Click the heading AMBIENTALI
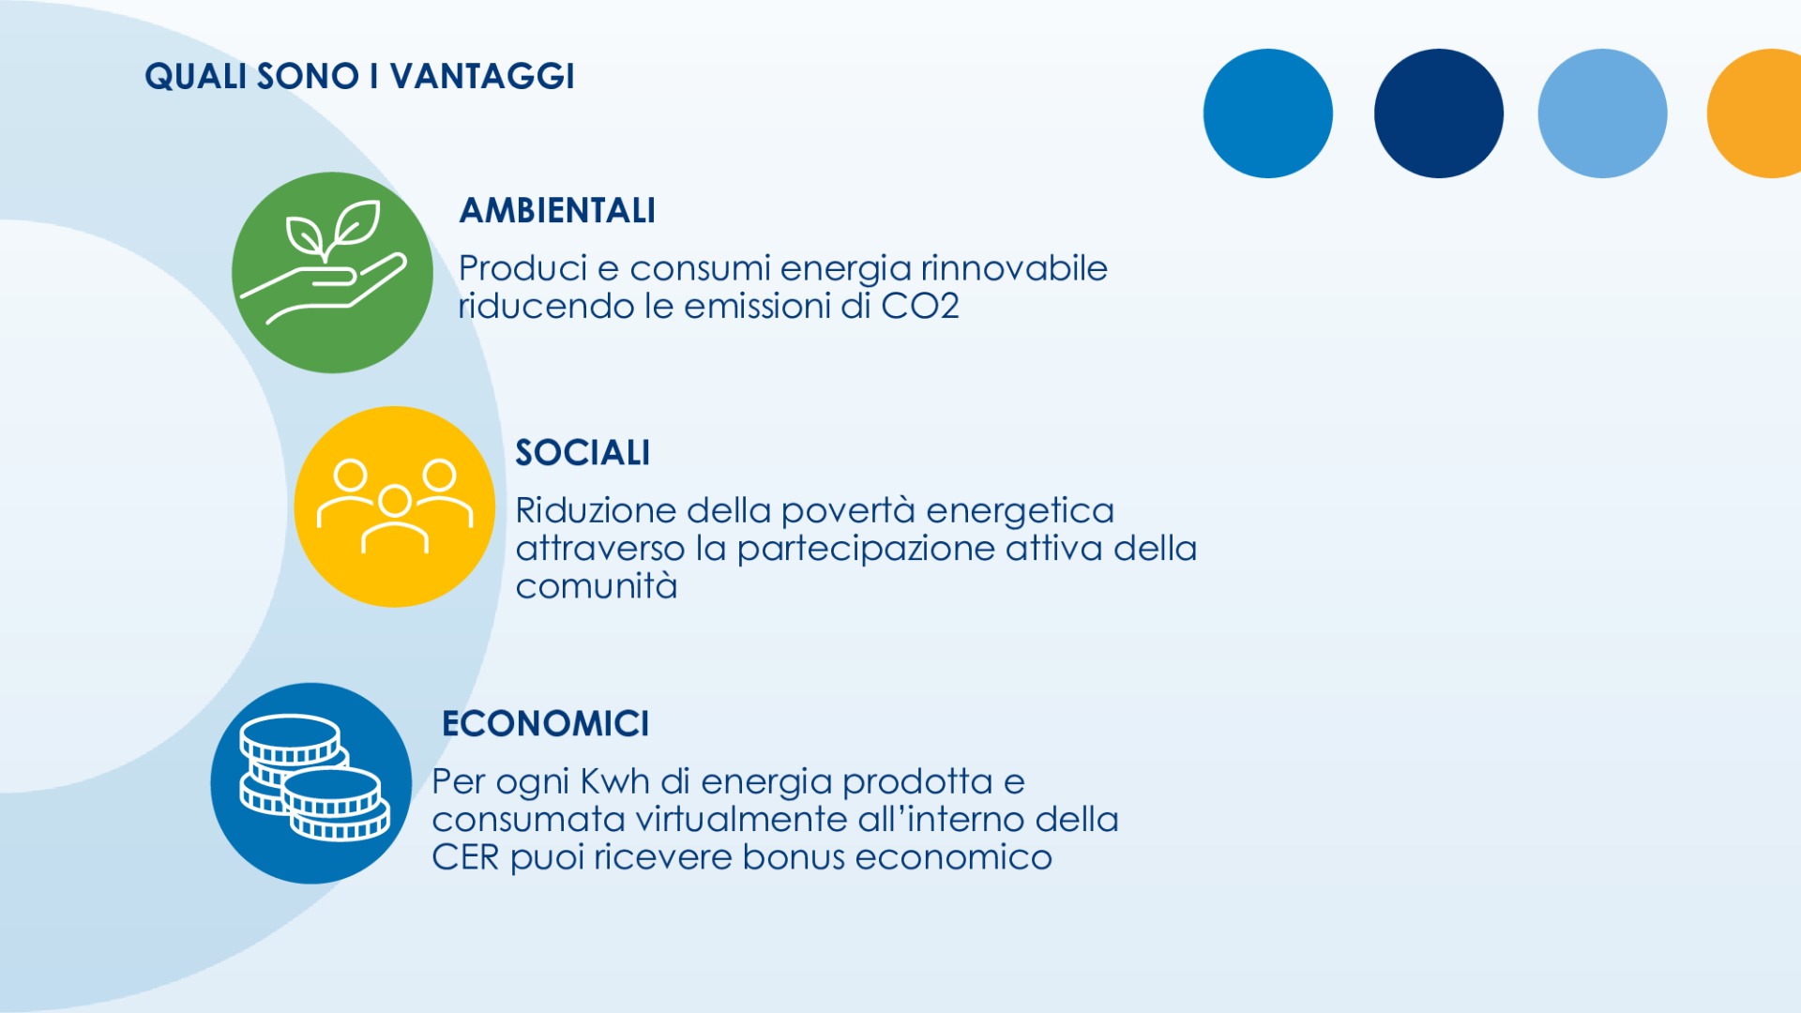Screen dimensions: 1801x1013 click(557, 210)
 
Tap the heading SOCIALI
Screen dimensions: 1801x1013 click(583, 453)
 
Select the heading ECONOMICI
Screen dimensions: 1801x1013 click(545, 723)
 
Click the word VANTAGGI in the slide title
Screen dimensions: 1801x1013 click(482, 76)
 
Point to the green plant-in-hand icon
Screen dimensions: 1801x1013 click(332, 272)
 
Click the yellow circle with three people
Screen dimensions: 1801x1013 click(395, 506)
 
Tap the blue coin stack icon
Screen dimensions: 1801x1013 click(311, 783)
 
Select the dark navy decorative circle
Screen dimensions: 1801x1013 click(1439, 113)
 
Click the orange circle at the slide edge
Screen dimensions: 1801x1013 click(1755, 113)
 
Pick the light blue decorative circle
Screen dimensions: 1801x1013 click(1602, 113)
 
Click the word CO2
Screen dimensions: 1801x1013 click(920, 306)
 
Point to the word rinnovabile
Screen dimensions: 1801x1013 click(1014, 268)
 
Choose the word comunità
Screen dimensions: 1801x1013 click(597, 586)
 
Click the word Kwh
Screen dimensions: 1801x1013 click(615, 781)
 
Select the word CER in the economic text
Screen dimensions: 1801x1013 click(465, 857)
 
